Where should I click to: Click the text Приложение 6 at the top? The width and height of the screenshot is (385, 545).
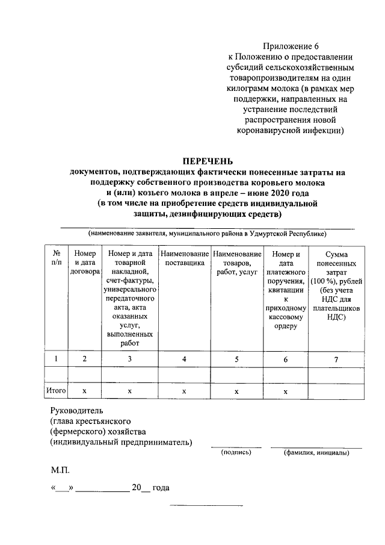pyautogui.click(x=290, y=47)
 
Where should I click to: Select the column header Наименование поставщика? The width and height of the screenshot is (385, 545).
pyautogui.click(x=184, y=259)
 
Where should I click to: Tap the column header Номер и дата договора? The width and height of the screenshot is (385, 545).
pyautogui.click(x=84, y=263)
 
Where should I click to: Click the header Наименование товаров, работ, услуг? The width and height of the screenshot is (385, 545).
pyautogui.click(x=236, y=263)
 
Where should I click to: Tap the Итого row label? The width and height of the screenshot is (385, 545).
pyautogui.click(x=56, y=391)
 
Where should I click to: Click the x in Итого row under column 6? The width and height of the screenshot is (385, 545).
pyautogui.click(x=286, y=391)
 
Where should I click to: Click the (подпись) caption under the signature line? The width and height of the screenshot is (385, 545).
pyautogui.click(x=236, y=452)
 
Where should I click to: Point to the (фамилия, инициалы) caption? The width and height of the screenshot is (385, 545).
pyautogui.click(x=316, y=452)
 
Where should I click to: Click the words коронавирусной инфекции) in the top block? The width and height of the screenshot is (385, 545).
pyautogui.click(x=290, y=129)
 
